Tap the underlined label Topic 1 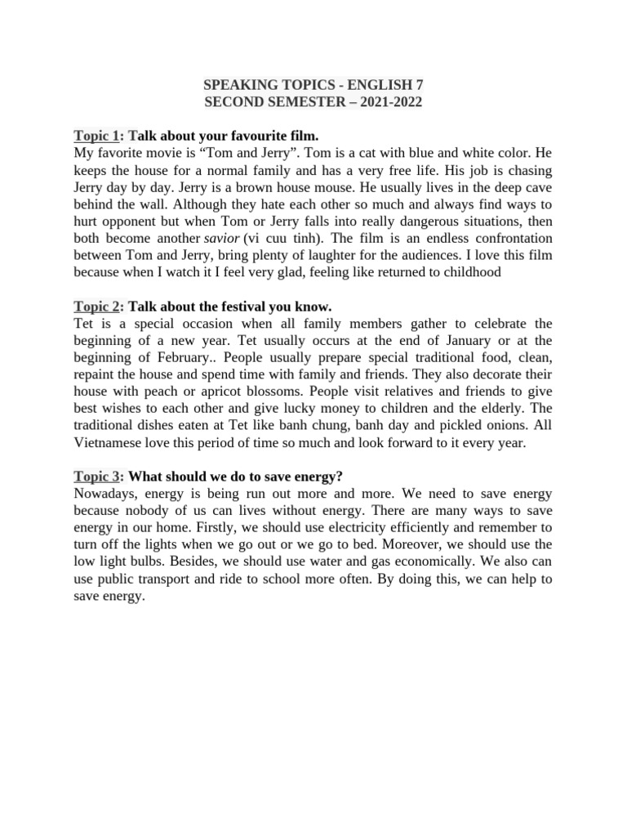[96, 135]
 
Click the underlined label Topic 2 [96, 307]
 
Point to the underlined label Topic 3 [96, 477]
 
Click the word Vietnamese [112, 443]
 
